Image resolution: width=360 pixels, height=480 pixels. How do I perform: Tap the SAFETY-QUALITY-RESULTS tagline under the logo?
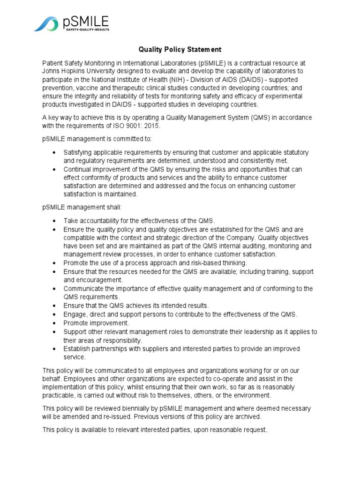(x=86, y=29)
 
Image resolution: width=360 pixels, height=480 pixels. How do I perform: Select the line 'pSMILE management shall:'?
(x=82, y=207)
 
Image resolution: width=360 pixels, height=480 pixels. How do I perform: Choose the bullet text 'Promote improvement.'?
(x=96, y=323)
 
